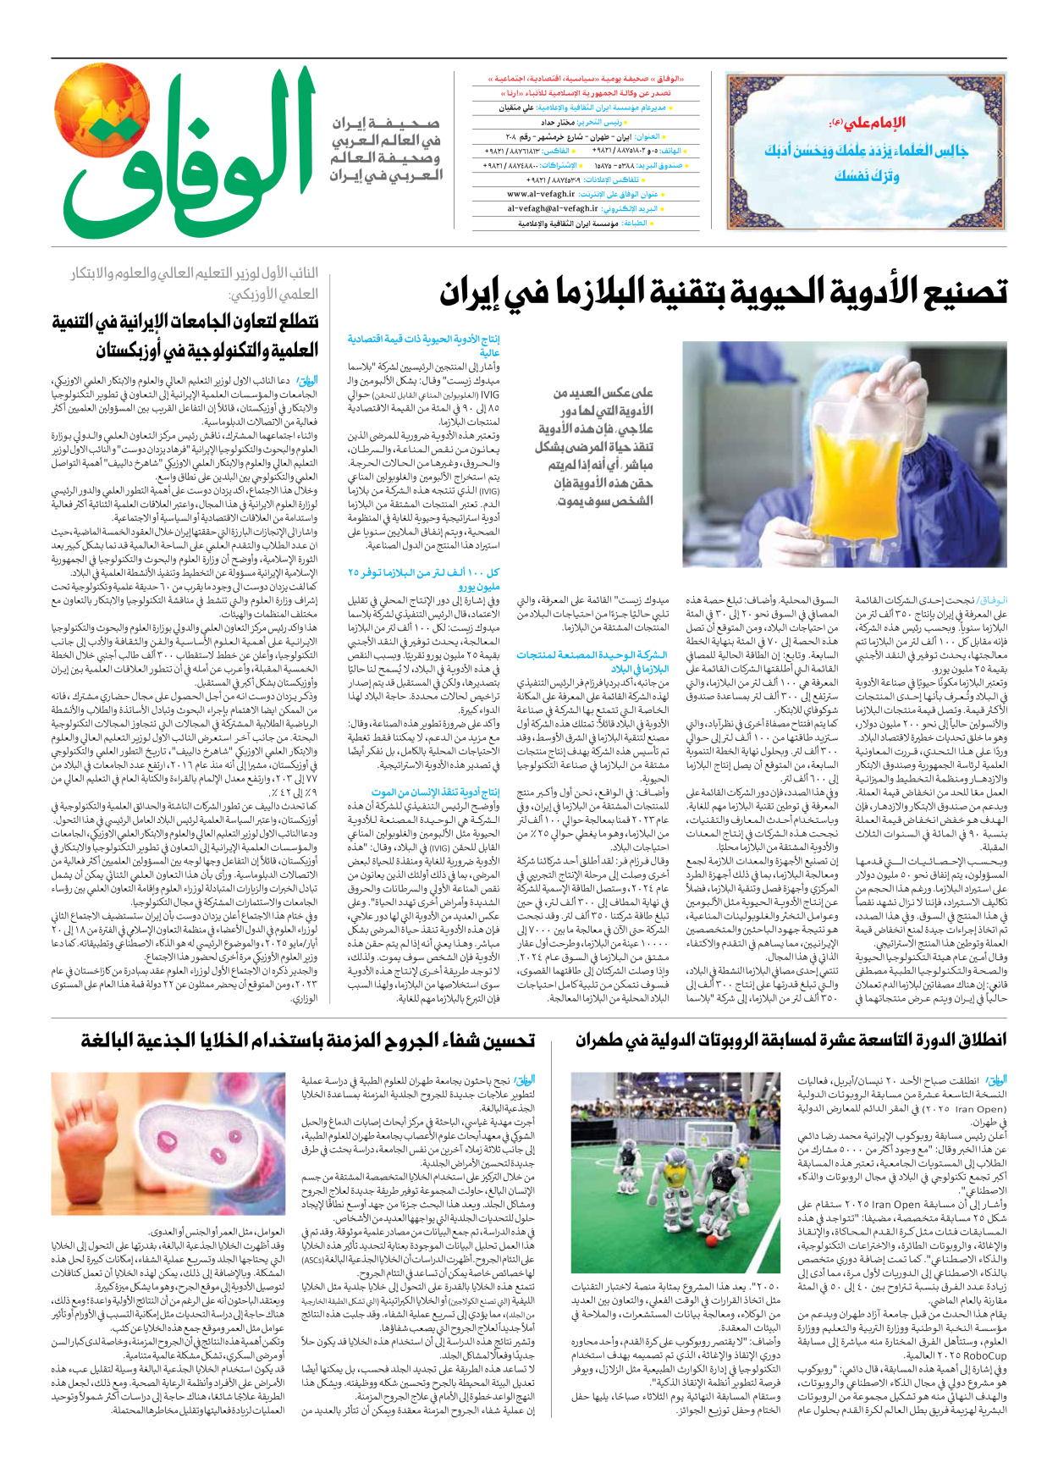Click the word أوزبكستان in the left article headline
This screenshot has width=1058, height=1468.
coord(149,350)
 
